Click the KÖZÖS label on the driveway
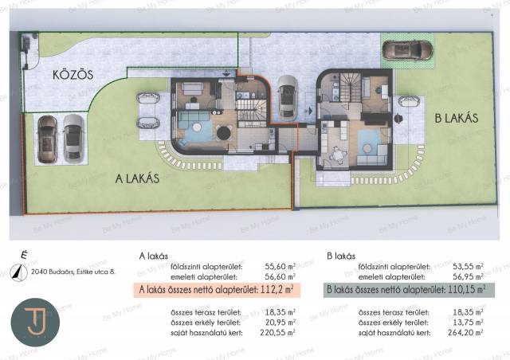click(73, 75)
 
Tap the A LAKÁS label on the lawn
click(137, 178)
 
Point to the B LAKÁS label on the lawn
click(457, 118)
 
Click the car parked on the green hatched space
click(407, 50)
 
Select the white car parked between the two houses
click(288, 98)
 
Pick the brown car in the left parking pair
click(47, 139)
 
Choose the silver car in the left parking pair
click(73, 139)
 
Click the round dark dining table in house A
click(224, 133)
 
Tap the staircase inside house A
click(249, 110)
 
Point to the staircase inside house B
click(351, 87)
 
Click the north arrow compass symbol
click(18, 272)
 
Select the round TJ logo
click(35, 323)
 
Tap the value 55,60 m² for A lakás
click(280, 266)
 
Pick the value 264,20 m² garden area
click(465, 332)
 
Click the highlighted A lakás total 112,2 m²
click(217, 290)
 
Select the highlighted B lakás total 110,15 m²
click(409, 290)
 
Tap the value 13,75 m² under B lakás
click(468, 323)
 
